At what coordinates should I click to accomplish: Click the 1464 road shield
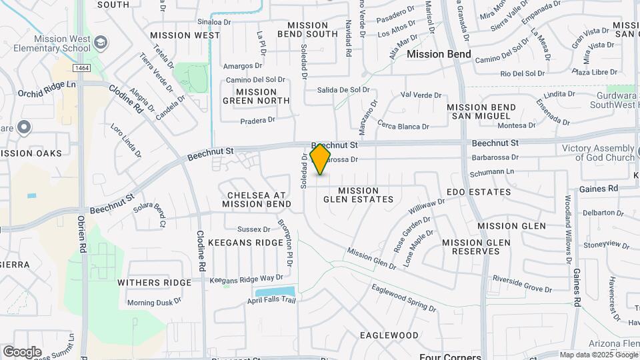(82, 68)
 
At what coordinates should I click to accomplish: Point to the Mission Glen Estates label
(359, 195)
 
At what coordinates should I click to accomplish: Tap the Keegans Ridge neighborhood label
(245, 243)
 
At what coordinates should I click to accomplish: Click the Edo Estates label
(478, 192)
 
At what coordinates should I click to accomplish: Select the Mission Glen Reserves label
(475, 247)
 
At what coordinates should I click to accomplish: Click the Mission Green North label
(256, 97)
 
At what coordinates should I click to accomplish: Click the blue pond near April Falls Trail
(275, 292)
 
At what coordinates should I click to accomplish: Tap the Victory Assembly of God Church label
(598, 153)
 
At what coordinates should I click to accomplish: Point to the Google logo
(22, 351)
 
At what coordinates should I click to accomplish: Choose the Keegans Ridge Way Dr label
(246, 278)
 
